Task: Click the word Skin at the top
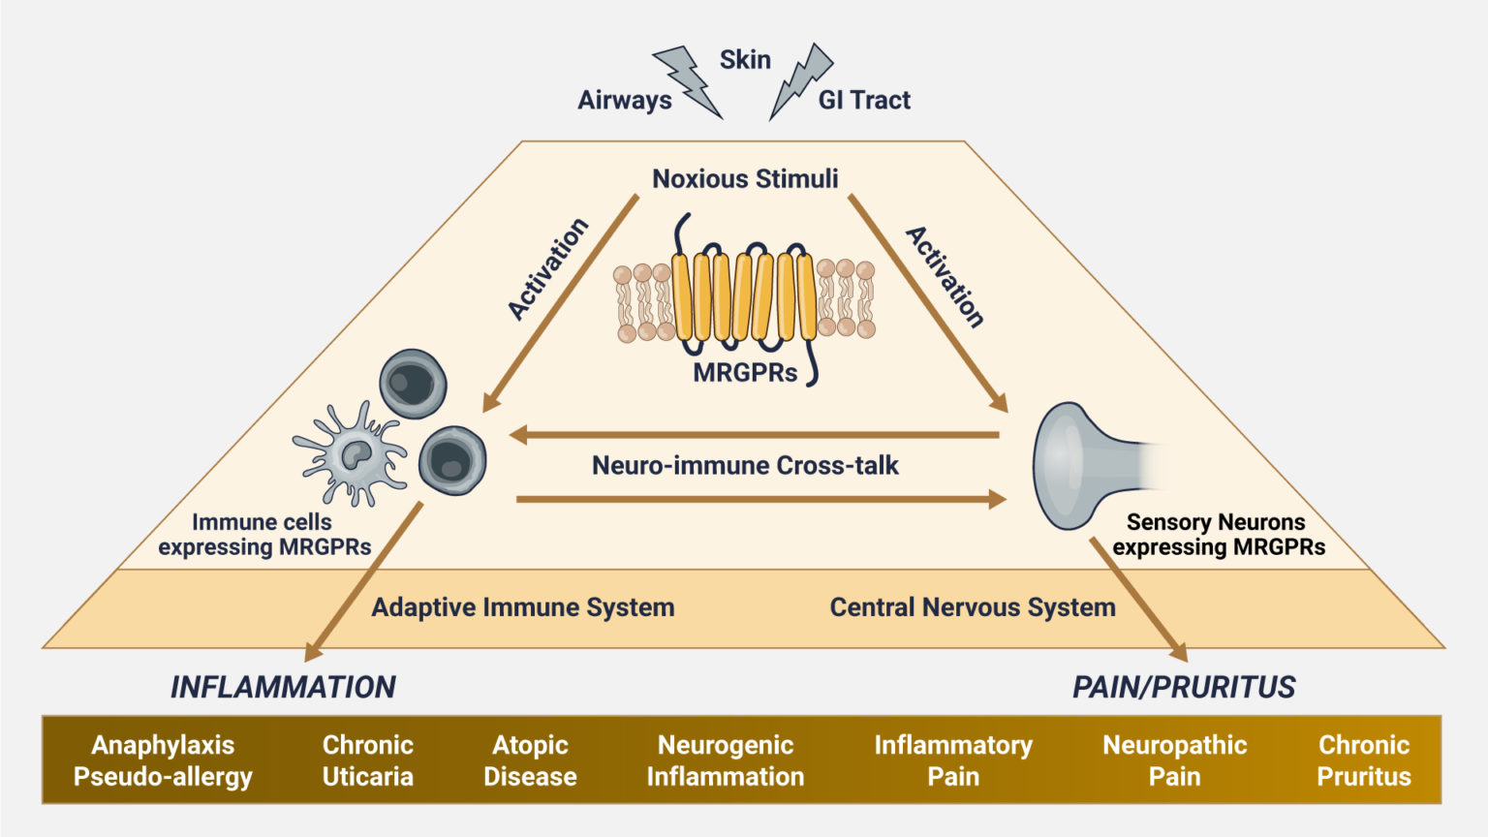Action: click(x=745, y=60)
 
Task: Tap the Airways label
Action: click(x=625, y=100)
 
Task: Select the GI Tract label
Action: click(x=864, y=100)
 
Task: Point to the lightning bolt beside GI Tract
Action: click(x=802, y=79)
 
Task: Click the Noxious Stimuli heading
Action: click(x=745, y=178)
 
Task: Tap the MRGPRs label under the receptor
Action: click(x=745, y=373)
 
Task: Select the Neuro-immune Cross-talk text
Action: click(x=745, y=465)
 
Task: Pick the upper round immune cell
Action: click(x=413, y=384)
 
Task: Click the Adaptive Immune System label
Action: click(x=523, y=607)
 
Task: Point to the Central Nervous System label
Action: click(x=973, y=607)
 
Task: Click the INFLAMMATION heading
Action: click(x=283, y=687)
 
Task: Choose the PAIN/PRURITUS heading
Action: click(x=1184, y=687)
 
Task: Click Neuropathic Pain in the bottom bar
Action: click(x=1174, y=760)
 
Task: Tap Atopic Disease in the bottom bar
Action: click(x=530, y=760)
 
